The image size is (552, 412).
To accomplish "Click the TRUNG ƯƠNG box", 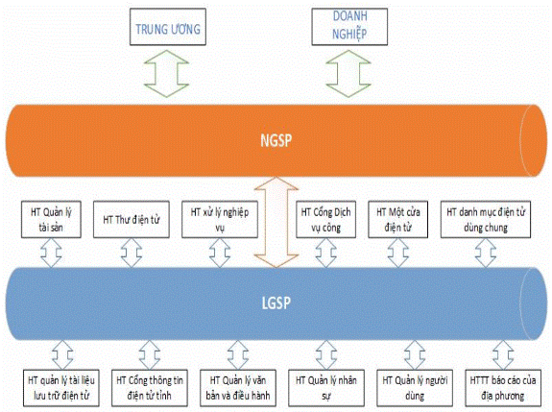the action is click(168, 27).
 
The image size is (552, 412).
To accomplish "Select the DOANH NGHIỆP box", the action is click(349, 27).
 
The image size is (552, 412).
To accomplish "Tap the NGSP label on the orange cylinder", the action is click(276, 140).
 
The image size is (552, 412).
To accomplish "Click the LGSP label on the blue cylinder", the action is click(276, 303).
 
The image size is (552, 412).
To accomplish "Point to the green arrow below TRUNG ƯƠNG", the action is click(166, 74).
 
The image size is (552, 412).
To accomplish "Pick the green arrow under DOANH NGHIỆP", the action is click(348, 74).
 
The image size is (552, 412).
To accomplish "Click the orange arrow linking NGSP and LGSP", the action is click(276, 222).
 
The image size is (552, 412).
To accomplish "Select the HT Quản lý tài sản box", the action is click(51, 219).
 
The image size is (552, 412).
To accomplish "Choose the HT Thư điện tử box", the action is click(132, 219).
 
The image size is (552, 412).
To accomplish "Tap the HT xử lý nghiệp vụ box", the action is click(220, 219).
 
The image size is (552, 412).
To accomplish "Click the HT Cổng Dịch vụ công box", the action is click(326, 219).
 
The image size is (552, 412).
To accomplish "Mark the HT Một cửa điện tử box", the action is click(398, 219).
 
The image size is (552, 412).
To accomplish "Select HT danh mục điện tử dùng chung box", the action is click(486, 219).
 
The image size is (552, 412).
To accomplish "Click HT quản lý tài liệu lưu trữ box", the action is click(61, 388).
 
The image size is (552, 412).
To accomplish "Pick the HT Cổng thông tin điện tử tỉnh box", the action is click(150, 388).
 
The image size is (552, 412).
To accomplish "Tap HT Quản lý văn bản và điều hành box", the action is click(238, 388).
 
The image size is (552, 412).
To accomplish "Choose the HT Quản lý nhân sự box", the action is click(326, 388).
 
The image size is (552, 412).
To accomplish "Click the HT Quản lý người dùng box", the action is click(415, 388).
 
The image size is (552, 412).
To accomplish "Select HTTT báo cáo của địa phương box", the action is click(503, 388).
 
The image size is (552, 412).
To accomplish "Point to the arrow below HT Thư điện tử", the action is click(132, 253).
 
